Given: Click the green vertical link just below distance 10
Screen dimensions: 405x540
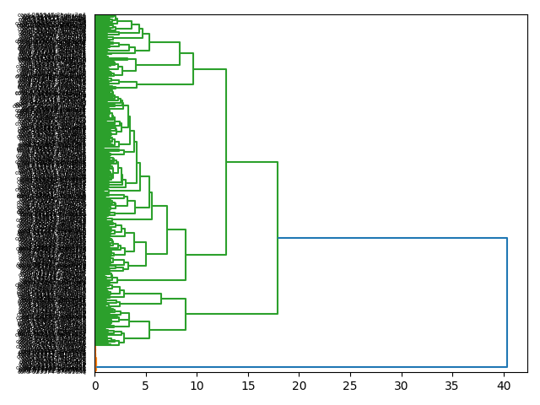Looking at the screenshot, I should tap(193, 68).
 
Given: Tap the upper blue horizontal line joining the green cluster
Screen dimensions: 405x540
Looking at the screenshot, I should tap(392, 238).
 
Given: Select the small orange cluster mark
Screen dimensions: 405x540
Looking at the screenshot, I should tap(96, 364).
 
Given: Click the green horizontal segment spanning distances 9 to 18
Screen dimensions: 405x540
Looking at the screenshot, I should tap(231, 314).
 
